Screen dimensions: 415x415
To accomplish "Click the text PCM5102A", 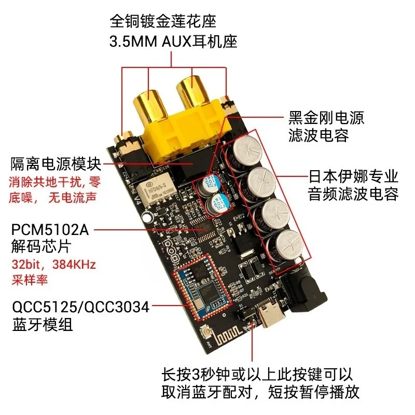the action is [50, 230].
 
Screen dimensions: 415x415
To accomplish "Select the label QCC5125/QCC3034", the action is [81, 307].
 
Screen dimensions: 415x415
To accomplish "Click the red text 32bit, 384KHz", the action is [53, 264].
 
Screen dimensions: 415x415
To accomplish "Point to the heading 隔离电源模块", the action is [56, 164].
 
